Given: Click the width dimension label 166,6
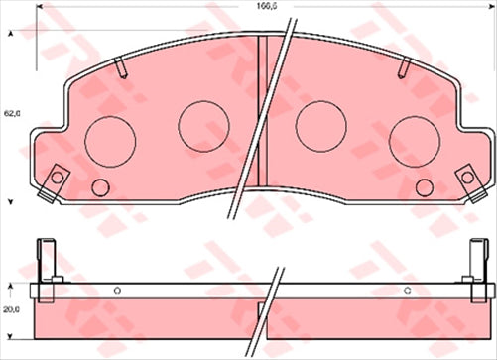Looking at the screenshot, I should (263, 7).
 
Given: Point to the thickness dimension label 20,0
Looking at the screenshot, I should (12, 308).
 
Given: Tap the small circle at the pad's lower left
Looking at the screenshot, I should (99, 186).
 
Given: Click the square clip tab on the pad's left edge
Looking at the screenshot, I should (55, 180).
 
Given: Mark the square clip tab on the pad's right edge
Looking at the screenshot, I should (466, 180).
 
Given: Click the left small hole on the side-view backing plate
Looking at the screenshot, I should (117, 290).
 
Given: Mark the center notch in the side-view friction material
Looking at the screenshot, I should (261, 309).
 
